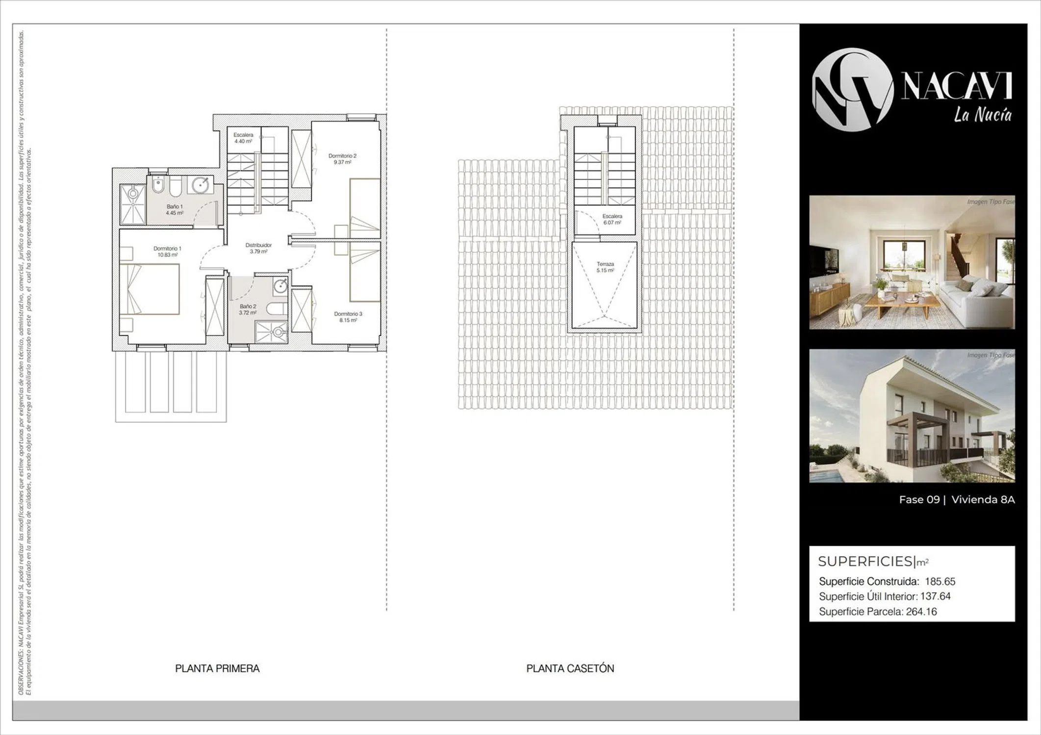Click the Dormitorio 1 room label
[x=167, y=252]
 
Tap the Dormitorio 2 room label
[x=342, y=159]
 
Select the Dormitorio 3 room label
[x=348, y=317]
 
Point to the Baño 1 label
[x=174, y=210]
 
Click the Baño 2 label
[x=248, y=309]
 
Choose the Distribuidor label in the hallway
[x=258, y=248]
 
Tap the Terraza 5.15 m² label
[x=605, y=267]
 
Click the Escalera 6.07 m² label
[x=612, y=219]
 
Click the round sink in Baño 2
[x=280, y=286]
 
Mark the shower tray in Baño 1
[x=133, y=203]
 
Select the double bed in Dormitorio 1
[x=150, y=289]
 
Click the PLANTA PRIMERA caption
[x=217, y=668]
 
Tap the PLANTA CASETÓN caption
[x=570, y=668]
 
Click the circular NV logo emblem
[x=852, y=90]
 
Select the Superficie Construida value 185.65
[x=940, y=582]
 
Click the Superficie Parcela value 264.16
[x=921, y=612]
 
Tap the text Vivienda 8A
[x=983, y=500]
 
